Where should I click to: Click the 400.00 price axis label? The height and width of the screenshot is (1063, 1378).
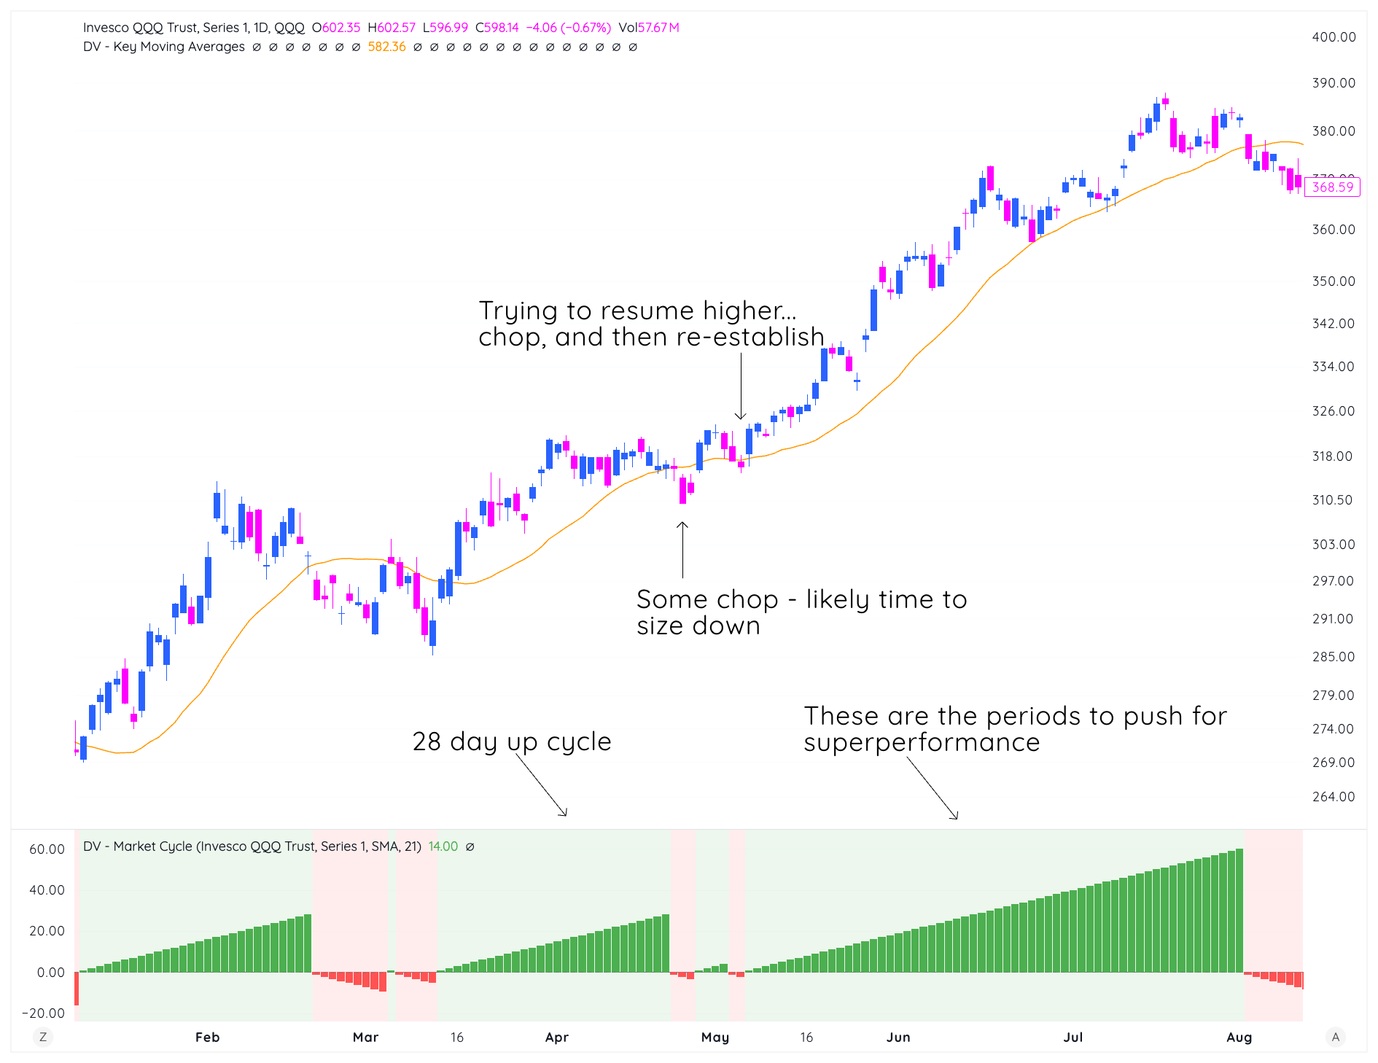[1334, 37]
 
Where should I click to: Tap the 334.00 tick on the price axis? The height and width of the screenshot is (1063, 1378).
[1333, 367]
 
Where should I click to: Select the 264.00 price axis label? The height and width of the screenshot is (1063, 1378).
[1333, 797]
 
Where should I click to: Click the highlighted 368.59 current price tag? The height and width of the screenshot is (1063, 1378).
[1332, 187]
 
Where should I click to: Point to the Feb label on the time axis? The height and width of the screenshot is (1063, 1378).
[207, 1037]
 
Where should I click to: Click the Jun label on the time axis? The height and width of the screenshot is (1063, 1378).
[898, 1037]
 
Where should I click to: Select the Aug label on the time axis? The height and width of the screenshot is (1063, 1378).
[1239, 1037]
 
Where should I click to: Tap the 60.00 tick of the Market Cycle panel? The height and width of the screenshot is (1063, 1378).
[47, 849]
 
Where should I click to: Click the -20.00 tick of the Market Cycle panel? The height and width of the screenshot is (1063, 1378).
[44, 1013]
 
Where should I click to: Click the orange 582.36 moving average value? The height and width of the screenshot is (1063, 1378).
[386, 47]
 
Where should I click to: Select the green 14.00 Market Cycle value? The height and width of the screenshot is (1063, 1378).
[443, 846]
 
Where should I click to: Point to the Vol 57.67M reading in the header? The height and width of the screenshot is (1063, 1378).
[648, 28]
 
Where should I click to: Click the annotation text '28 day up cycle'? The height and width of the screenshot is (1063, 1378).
[512, 741]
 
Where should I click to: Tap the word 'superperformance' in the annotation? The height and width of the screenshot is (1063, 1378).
[922, 742]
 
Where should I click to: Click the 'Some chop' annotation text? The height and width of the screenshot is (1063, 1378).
[707, 599]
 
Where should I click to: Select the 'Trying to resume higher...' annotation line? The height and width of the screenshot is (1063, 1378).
[637, 311]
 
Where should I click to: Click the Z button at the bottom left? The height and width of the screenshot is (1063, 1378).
[43, 1037]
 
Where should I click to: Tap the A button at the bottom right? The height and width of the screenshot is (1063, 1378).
[1335, 1037]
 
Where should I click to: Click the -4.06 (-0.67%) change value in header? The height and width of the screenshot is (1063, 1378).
[568, 28]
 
